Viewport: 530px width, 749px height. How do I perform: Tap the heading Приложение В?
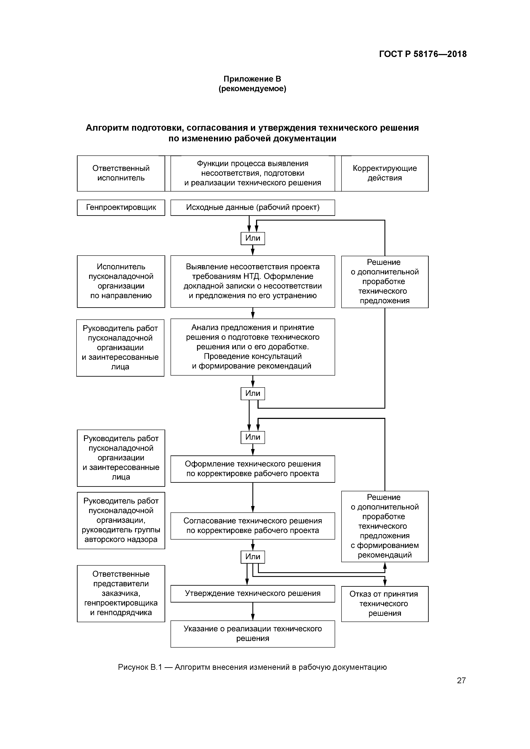252,79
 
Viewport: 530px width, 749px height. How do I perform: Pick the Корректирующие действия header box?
385,173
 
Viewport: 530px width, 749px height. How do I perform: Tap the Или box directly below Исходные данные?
253,238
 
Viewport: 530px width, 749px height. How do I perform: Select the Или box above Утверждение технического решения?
253,557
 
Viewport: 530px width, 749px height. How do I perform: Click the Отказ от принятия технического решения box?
385,604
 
